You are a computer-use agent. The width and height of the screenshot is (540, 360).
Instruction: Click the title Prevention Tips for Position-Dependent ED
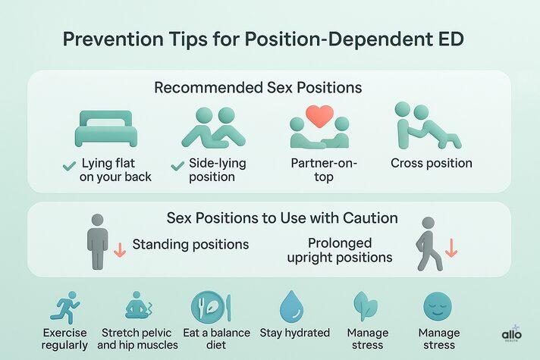[269, 38]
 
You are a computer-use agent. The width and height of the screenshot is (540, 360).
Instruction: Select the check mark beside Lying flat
[69, 164]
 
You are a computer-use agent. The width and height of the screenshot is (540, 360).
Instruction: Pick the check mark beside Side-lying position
[178, 164]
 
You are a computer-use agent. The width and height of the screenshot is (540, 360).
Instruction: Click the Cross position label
[432, 163]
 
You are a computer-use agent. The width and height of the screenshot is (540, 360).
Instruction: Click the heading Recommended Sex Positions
[257, 88]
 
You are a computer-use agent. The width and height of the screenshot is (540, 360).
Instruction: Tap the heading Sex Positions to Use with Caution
[281, 218]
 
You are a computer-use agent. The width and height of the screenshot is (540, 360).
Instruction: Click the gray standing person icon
[96, 242]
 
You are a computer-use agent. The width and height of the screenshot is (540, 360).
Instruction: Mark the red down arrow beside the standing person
[119, 251]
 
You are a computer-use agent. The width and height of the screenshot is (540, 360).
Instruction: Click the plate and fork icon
[210, 307]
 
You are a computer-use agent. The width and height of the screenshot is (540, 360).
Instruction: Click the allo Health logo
[512, 336]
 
